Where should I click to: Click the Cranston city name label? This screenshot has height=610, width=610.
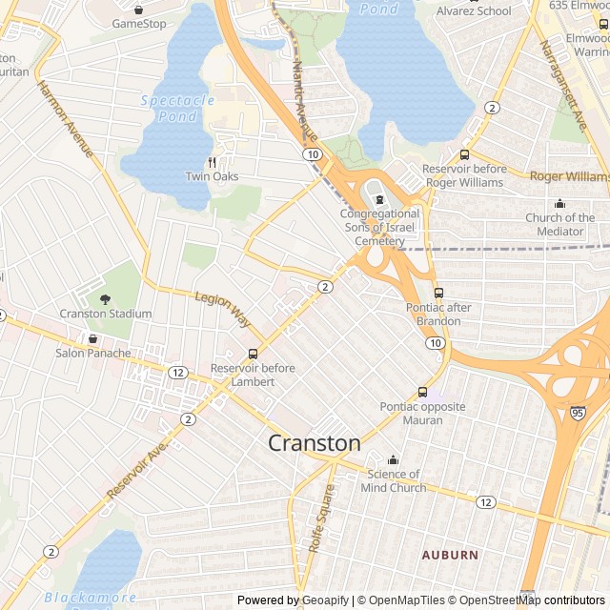tap(315, 443)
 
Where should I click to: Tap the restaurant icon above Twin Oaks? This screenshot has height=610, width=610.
tap(213, 162)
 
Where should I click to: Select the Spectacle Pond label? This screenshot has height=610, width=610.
tap(178, 107)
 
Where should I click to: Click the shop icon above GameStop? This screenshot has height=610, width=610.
tap(139, 10)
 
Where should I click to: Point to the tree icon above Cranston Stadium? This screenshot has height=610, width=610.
tap(105, 299)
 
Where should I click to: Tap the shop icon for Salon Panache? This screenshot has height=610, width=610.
tap(92, 338)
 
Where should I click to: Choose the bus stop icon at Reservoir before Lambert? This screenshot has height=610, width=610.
tap(252, 355)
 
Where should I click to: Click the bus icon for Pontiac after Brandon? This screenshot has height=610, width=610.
tap(438, 293)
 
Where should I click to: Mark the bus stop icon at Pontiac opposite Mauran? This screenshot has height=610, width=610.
tap(422, 392)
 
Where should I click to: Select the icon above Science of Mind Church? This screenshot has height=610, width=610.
tap(393, 460)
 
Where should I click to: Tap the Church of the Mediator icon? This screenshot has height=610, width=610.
tap(559, 203)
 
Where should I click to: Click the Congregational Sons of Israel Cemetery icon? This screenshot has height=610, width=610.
tap(379, 200)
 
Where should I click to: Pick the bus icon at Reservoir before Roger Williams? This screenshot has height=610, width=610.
tap(464, 154)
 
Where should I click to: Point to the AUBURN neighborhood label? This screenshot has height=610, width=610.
tap(451, 554)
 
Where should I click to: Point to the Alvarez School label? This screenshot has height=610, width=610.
tap(474, 11)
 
